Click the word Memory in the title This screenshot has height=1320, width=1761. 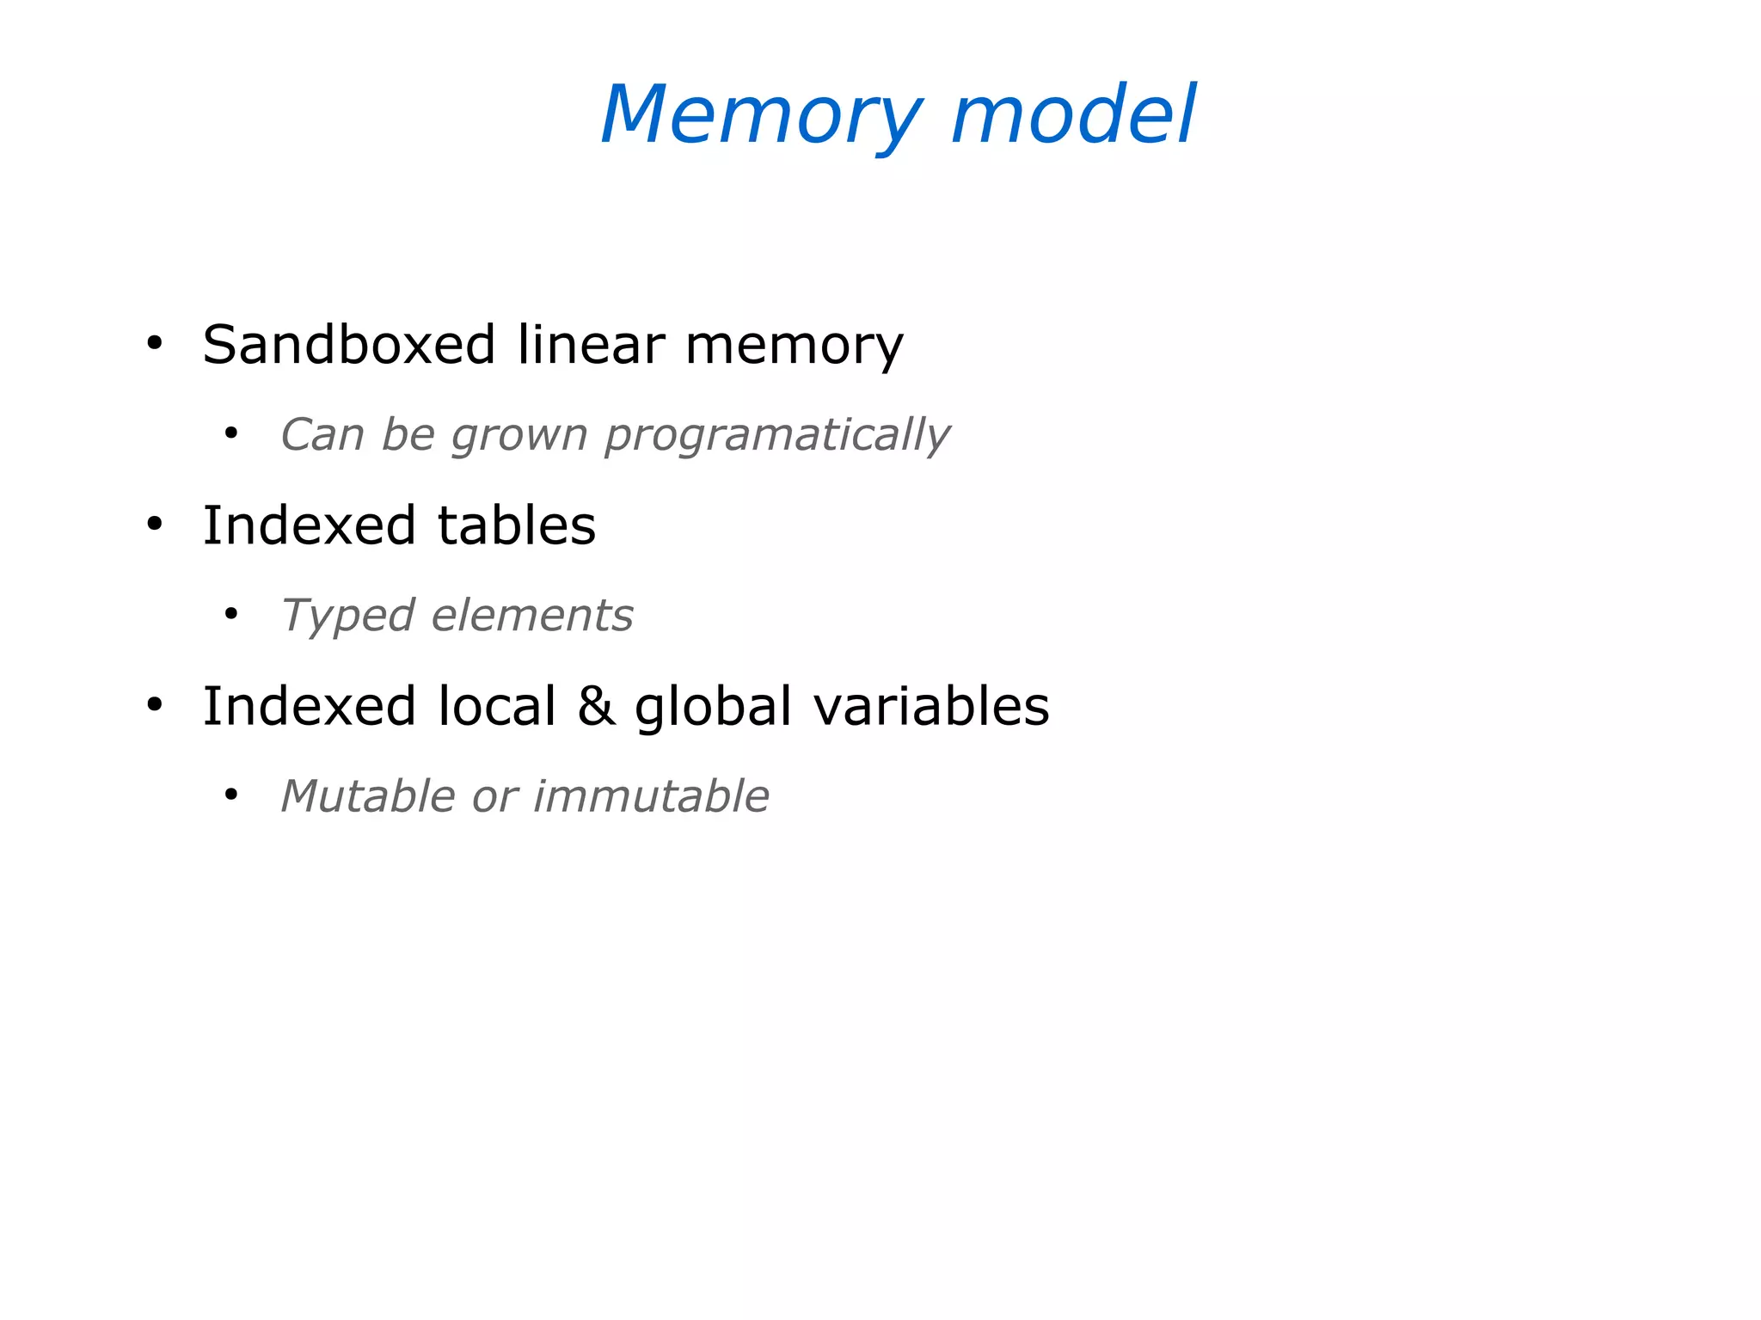pos(762,116)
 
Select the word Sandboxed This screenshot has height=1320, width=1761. pos(349,345)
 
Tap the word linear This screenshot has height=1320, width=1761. pos(591,345)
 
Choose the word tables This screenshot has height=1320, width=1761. pos(517,525)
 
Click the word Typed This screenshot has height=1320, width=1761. pos(348,617)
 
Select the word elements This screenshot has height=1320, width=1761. pos(532,616)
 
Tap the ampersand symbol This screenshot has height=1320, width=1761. pos(596,707)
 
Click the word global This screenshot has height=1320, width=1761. pos(713,707)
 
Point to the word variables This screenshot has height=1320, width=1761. pos(931,707)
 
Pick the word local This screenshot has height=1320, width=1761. pos(497,707)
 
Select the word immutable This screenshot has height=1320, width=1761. pos(651,796)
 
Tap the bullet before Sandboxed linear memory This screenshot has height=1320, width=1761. pos(155,344)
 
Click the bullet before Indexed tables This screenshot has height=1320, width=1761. pos(155,525)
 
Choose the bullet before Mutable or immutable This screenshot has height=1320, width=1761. pos(230,795)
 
